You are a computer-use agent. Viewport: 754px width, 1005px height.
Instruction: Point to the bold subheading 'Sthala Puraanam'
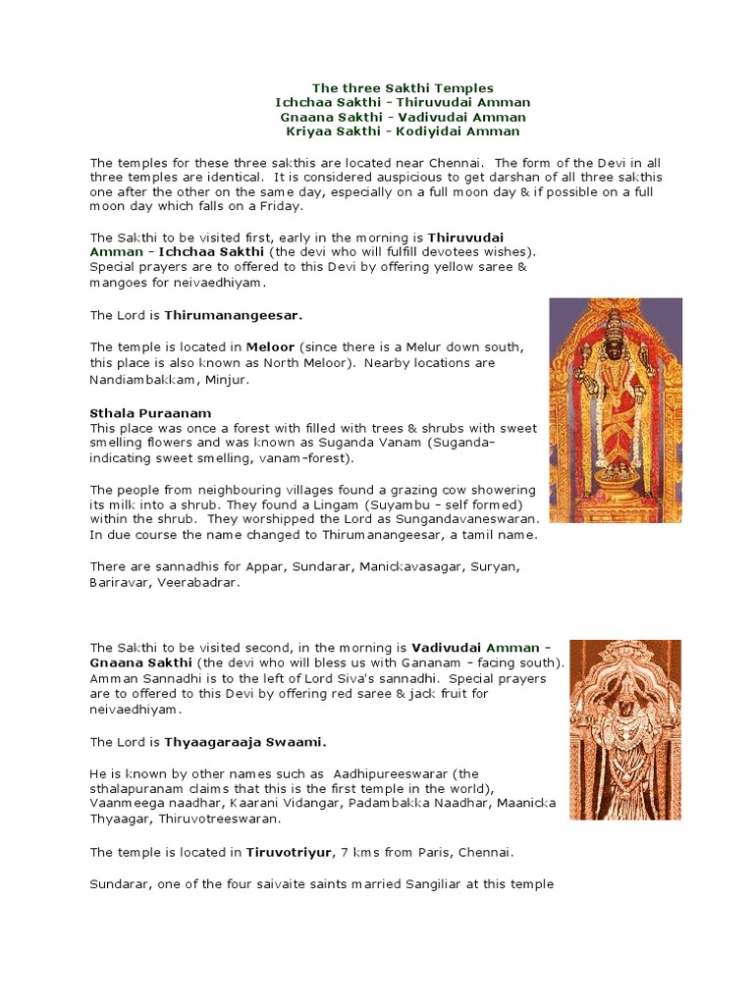(150, 413)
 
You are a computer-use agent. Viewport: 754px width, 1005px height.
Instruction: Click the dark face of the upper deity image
(616, 345)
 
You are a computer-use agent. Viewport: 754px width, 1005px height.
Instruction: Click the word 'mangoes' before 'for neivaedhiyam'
(118, 282)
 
